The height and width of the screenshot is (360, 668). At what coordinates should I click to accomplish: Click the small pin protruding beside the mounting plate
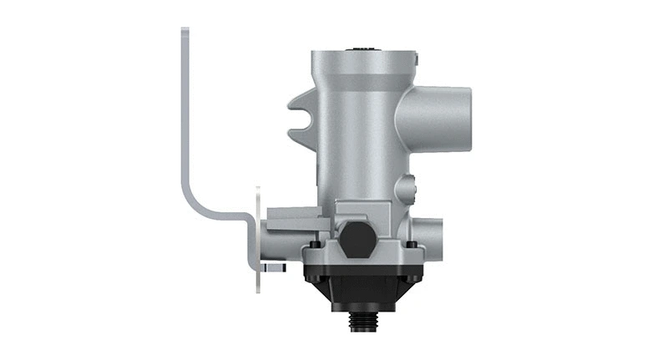point(274,268)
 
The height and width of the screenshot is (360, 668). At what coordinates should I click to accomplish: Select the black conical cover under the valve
point(362,289)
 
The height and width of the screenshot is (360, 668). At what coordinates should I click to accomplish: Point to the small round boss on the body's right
point(407,184)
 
